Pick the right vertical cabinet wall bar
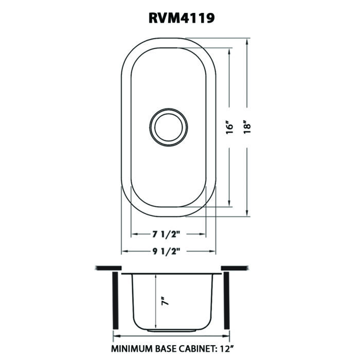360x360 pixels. point(227,301)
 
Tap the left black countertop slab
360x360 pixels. point(109,268)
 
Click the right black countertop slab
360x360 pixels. point(235,268)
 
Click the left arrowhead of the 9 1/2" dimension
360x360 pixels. point(124,251)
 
